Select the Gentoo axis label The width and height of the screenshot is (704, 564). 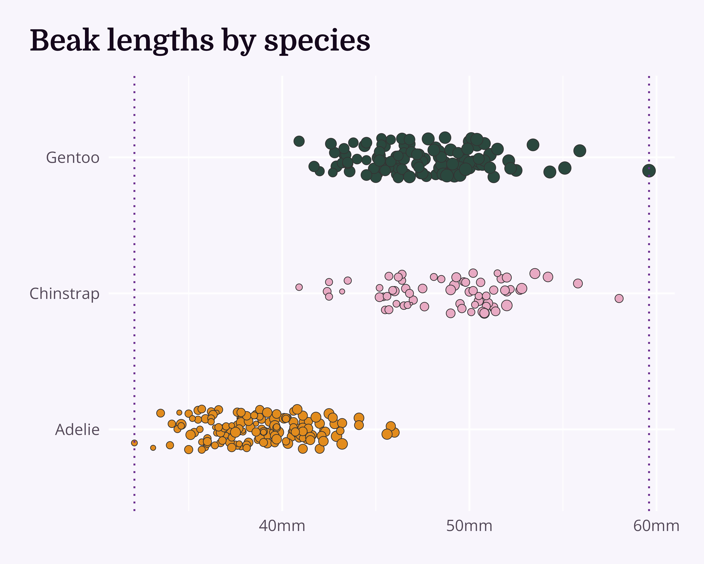73,158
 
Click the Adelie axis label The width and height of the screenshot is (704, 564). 77,430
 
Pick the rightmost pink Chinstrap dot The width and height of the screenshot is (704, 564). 619,298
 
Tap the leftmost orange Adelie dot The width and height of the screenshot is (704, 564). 134,443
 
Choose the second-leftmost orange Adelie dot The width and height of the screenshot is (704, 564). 153,448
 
